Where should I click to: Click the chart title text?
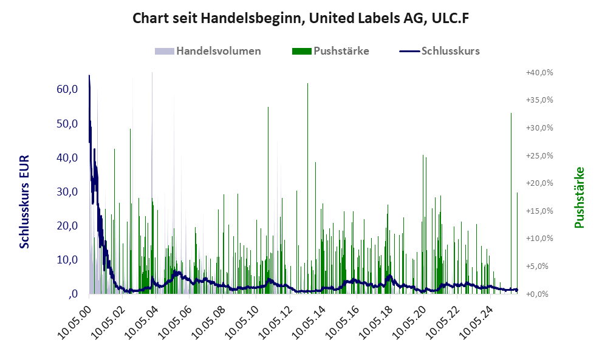pyautogui.click(x=301, y=19)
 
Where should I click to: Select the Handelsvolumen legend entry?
pyautogui.click(x=218, y=51)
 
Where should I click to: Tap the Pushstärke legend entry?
pyautogui.click(x=341, y=51)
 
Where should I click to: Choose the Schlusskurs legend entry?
pyautogui.click(x=450, y=51)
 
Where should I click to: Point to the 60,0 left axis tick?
pyautogui.click(x=67, y=89)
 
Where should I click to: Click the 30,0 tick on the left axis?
pyautogui.click(x=67, y=192)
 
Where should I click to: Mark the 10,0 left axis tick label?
pyautogui.click(x=67, y=260)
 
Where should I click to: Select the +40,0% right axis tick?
pyautogui.click(x=539, y=72)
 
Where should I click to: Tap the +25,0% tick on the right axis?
pyautogui.click(x=539, y=155)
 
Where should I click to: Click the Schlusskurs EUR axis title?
pyautogui.click(x=25, y=201)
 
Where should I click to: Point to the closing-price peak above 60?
pyautogui.click(x=89, y=76)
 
